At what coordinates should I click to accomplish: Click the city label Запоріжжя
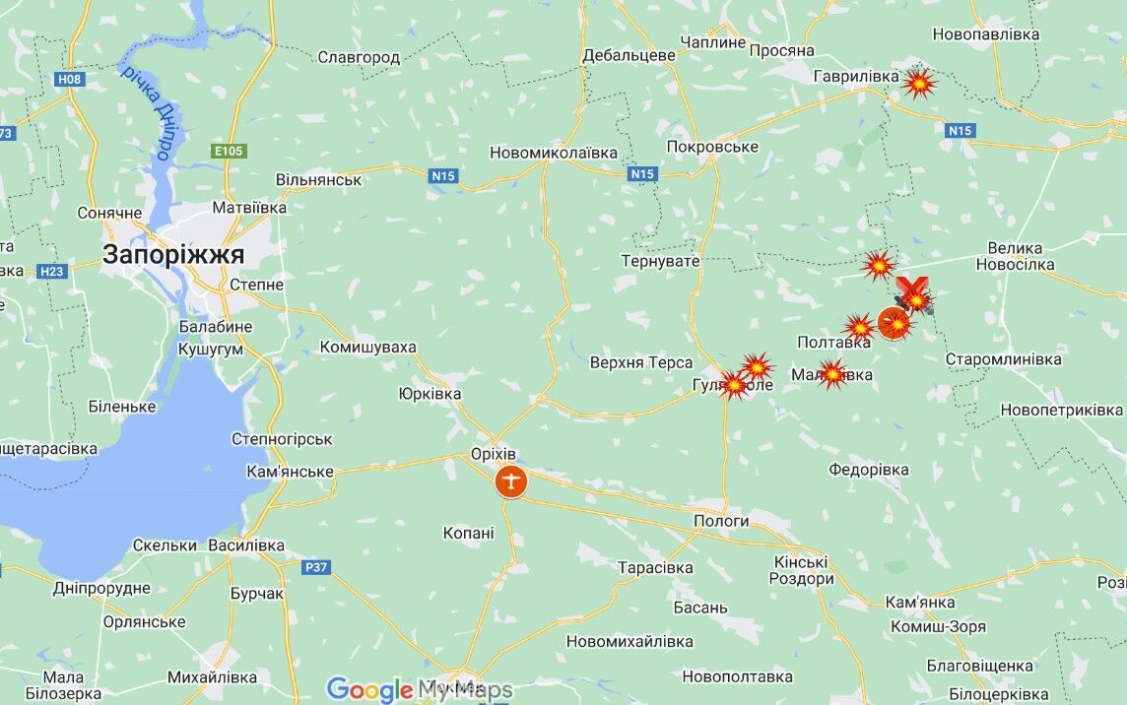pos(173,255)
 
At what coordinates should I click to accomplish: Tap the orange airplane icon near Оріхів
pos(511,481)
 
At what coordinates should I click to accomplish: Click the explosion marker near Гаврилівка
pos(919,84)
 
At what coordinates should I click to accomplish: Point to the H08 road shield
pos(69,79)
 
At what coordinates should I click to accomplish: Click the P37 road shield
pos(316,566)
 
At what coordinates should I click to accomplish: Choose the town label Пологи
pos(722,521)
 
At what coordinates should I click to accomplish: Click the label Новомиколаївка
pos(554,153)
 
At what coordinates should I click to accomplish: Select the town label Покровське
pos(712,146)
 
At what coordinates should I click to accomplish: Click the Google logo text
pos(368,689)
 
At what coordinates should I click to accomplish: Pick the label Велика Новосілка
pos(1015,256)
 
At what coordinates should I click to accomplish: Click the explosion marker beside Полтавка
pos(859,327)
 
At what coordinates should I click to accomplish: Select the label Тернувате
pos(660,261)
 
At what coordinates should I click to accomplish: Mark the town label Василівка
pos(245,545)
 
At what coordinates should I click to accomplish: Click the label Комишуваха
pos(367,347)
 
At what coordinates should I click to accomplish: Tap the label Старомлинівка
pos(1003,359)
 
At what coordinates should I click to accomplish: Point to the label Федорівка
pos(868,470)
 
